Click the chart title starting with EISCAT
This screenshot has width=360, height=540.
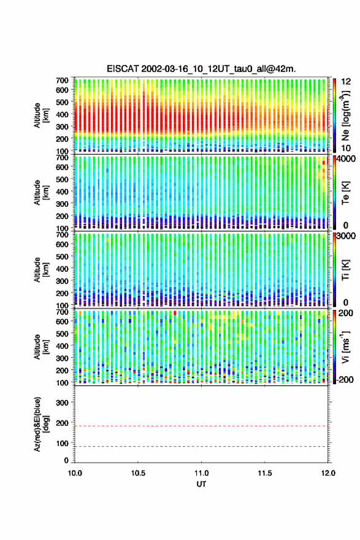(x=201, y=69)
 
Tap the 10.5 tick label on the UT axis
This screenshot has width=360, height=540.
(x=138, y=473)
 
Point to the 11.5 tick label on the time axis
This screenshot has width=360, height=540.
(x=265, y=473)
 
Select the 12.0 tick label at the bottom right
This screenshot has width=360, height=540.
(x=328, y=473)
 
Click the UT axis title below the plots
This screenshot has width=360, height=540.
(x=201, y=484)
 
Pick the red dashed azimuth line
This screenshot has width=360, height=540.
(x=201, y=426)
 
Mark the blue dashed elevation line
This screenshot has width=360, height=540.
(x=201, y=447)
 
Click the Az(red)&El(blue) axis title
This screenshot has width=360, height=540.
(x=41, y=425)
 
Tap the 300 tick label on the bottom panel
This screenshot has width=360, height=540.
(x=62, y=403)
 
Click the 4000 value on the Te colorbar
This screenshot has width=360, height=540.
(x=346, y=159)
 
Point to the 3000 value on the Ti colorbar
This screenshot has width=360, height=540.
(x=346, y=236)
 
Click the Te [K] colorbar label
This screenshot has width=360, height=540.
(x=345, y=193)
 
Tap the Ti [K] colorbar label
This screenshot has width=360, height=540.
(x=345, y=269)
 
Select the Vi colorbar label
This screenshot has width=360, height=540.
(x=345, y=347)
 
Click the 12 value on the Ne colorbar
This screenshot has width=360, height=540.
(x=346, y=81)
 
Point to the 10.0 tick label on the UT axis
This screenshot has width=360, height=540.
(x=75, y=473)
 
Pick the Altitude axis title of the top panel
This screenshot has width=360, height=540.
(x=41, y=115)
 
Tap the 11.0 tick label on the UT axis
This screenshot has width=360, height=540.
(x=201, y=473)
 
